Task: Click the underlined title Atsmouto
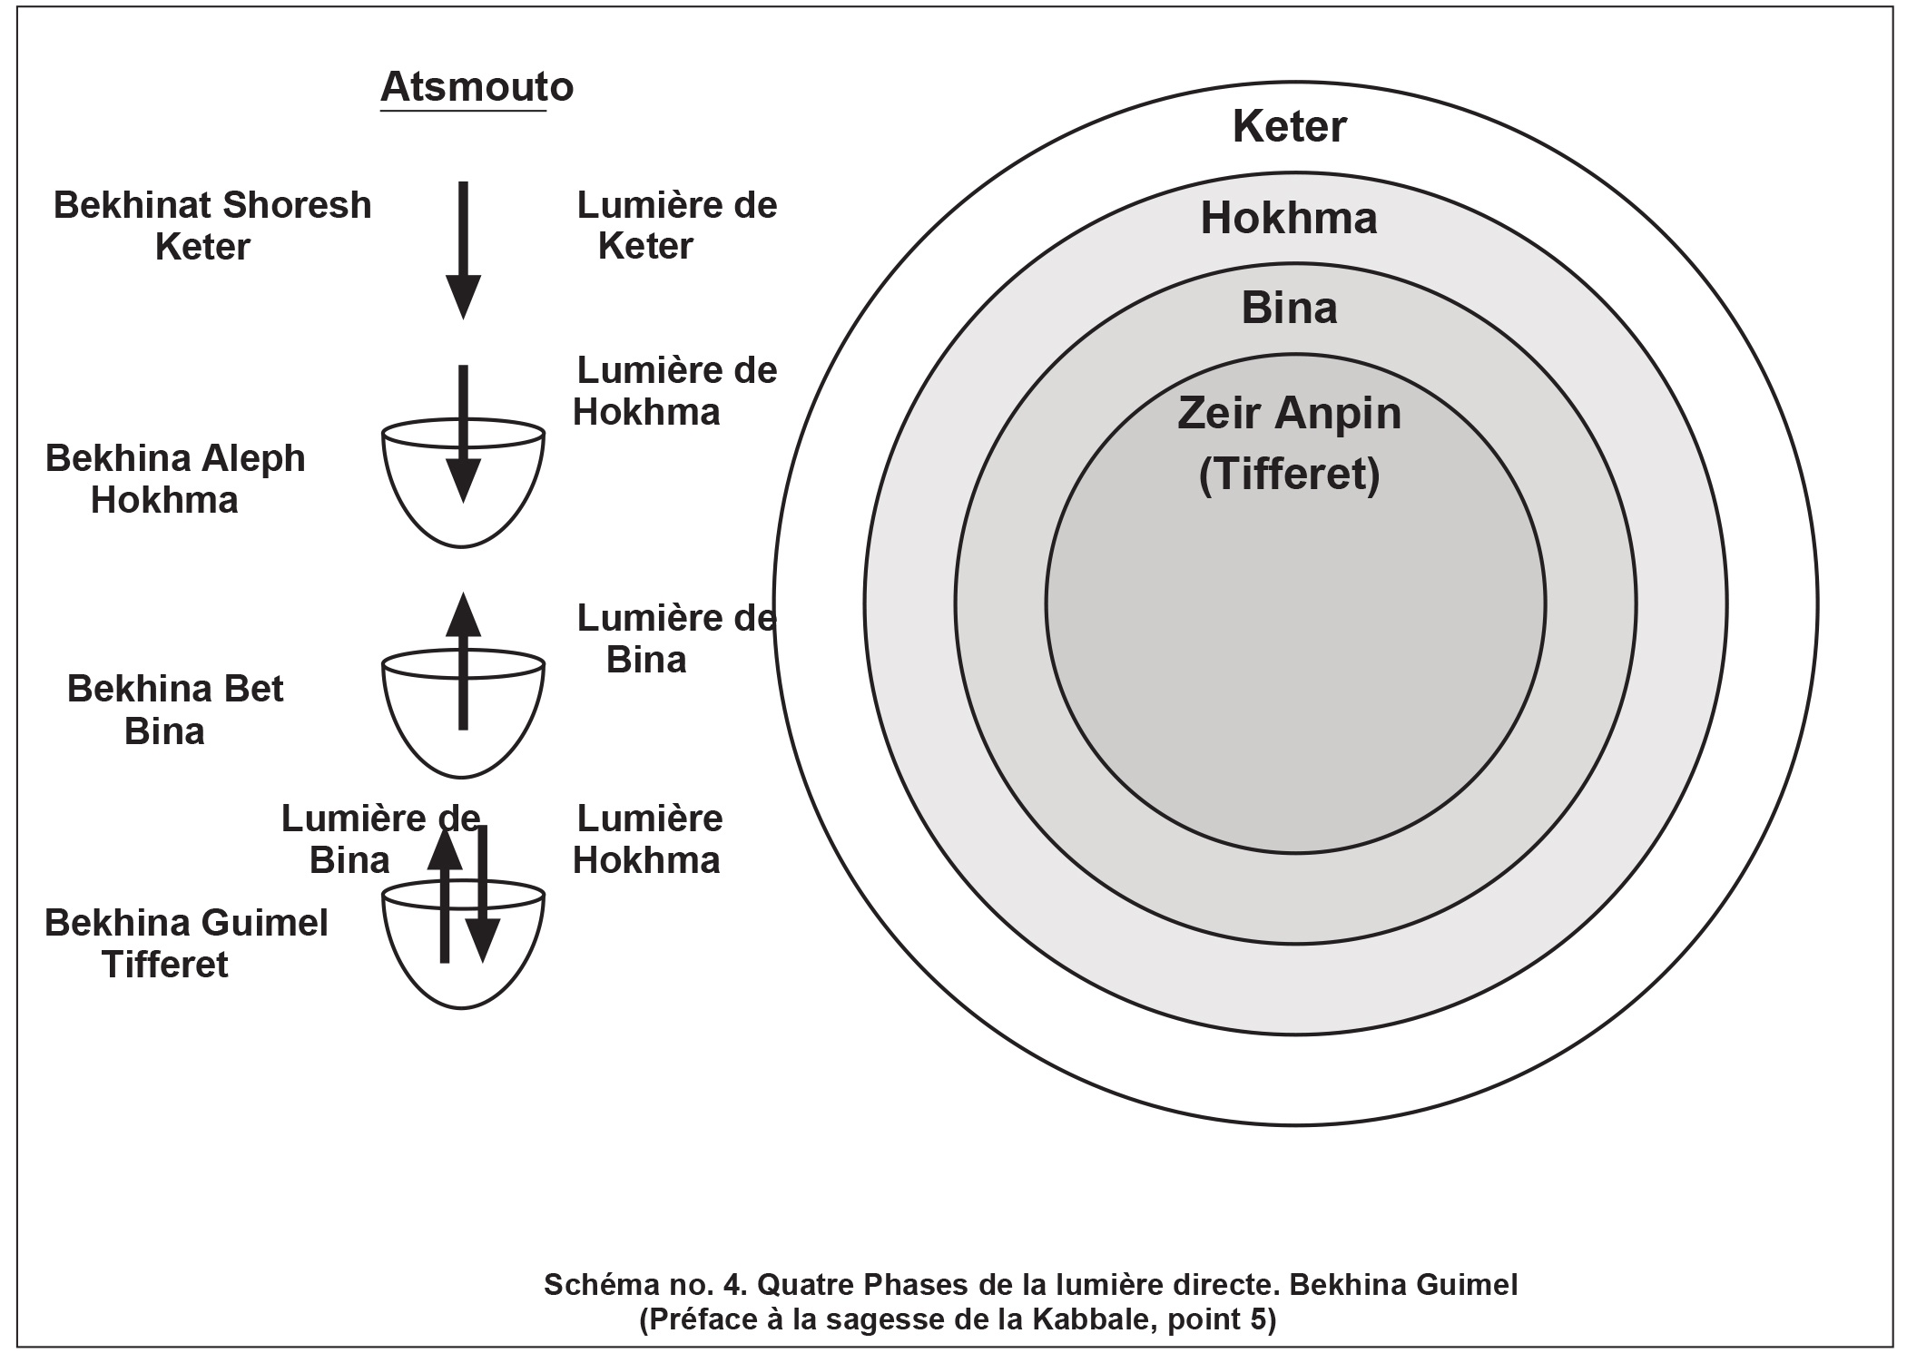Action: click(x=477, y=87)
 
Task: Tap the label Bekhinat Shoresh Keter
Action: click(x=211, y=226)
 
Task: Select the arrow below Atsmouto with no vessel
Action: click(x=463, y=250)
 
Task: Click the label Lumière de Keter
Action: click(x=676, y=226)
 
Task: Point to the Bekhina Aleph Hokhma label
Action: click(x=174, y=479)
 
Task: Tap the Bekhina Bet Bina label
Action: click(x=174, y=710)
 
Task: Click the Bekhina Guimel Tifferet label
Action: click(x=186, y=944)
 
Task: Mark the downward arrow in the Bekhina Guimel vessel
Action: click(x=483, y=894)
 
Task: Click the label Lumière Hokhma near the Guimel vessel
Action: click(x=648, y=839)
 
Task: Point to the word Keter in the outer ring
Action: click(x=1289, y=126)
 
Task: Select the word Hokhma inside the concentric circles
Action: click(x=1289, y=219)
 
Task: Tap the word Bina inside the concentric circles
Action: click(x=1289, y=309)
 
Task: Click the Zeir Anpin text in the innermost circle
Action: click(x=1289, y=414)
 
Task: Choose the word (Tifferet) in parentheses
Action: click(x=1289, y=475)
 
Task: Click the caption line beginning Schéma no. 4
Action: click(x=1030, y=1285)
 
